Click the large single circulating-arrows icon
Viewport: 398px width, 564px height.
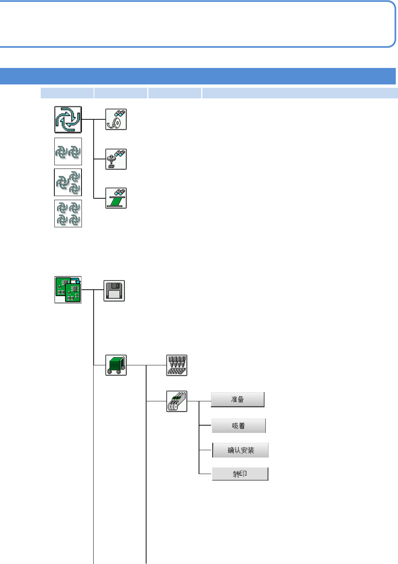point(68,120)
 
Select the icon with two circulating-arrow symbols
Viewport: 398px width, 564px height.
point(68,152)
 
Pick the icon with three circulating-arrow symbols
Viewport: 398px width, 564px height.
point(68,182)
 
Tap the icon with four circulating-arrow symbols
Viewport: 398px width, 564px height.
point(68,214)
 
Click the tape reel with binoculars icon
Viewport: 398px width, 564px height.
point(116,119)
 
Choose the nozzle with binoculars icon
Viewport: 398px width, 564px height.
point(116,159)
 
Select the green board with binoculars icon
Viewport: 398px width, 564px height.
point(116,198)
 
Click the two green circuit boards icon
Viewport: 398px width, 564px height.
point(68,290)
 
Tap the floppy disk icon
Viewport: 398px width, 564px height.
point(114,291)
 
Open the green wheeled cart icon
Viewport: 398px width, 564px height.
point(116,365)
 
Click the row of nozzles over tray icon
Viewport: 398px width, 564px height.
point(177,365)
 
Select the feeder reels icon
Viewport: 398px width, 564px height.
point(177,401)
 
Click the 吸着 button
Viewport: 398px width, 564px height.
point(239,426)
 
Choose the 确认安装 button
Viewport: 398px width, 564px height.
point(240,450)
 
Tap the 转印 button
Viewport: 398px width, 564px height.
point(240,474)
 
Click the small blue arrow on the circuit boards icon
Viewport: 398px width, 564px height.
point(76,281)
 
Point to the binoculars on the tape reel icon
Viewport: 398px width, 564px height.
point(120,113)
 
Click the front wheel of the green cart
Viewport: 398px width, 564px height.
point(110,372)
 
